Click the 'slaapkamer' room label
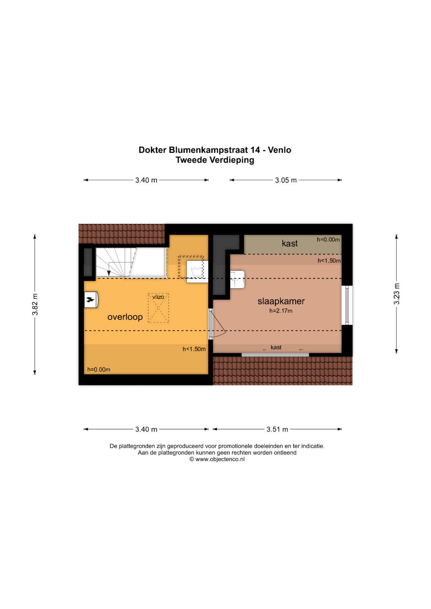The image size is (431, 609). tap(281, 301)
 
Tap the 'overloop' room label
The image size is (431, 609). tap(125, 317)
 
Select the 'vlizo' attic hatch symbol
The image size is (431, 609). tap(158, 308)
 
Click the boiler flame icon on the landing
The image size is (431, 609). tap(91, 300)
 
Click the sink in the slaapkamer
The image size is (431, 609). tap(237, 279)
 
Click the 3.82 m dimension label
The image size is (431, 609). tap(35, 304)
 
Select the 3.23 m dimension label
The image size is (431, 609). tap(397, 294)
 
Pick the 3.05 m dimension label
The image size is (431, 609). tap(286, 180)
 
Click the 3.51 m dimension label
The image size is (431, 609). tap(277, 429)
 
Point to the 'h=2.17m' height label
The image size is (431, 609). tap(281, 311)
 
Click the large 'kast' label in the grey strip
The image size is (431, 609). tap(290, 243)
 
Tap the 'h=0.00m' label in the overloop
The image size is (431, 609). tap(99, 369)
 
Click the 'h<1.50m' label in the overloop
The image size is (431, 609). tap(194, 349)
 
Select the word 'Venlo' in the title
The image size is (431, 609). tap(279, 150)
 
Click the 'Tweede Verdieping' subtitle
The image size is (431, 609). tap(215, 160)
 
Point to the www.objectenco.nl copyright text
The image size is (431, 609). tap(217, 459)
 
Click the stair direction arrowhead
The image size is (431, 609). tap(109, 273)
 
